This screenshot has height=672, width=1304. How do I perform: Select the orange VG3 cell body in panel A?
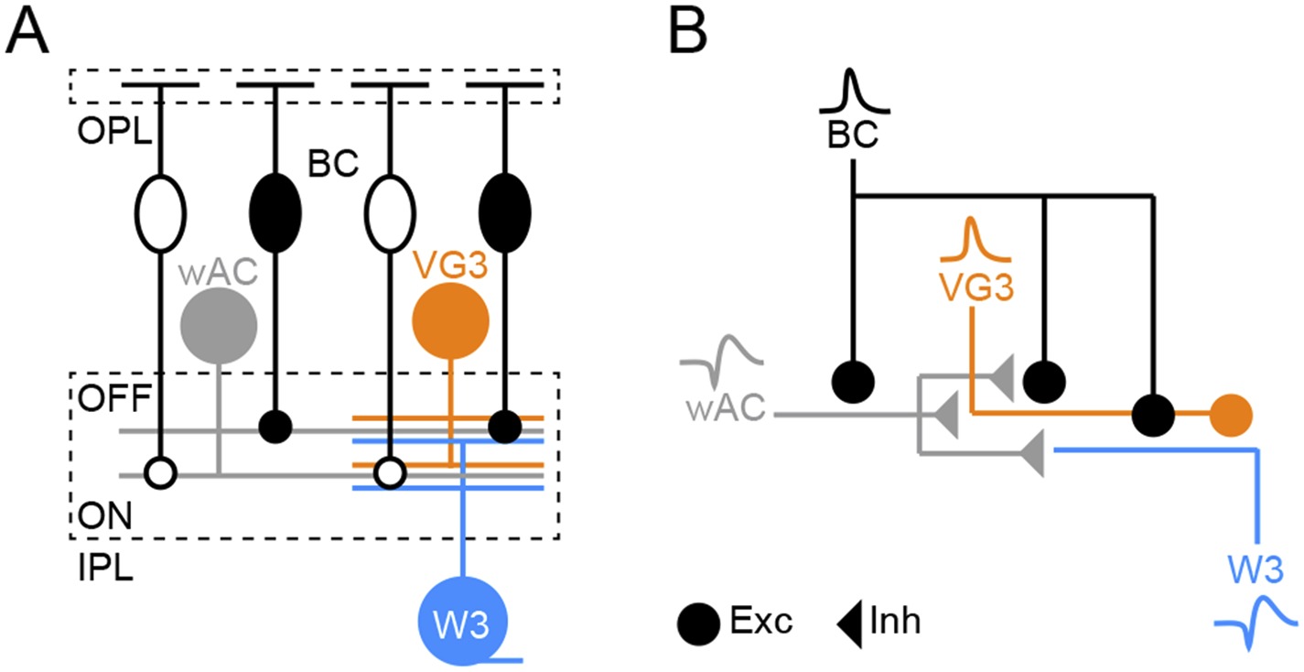(x=450, y=321)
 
